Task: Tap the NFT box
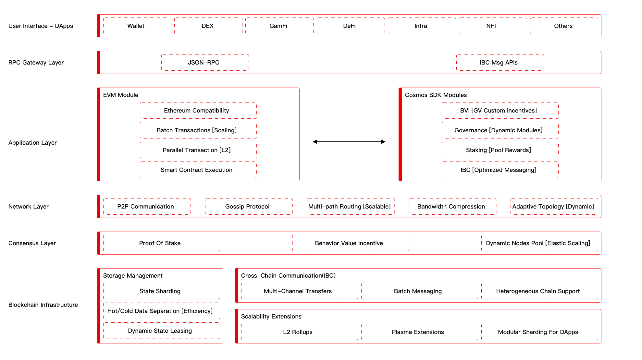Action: pyautogui.click(x=492, y=26)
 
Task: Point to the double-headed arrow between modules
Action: pyautogui.click(x=349, y=142)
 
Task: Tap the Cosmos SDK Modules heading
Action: pyautogui.click(x=436, y=95)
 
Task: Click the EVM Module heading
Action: pyautogui.click(x=121, y=95)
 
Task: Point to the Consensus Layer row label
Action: pyautogui.click(x=32, y=243)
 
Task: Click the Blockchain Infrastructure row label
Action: pyautogui.click(x=43, y=305)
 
